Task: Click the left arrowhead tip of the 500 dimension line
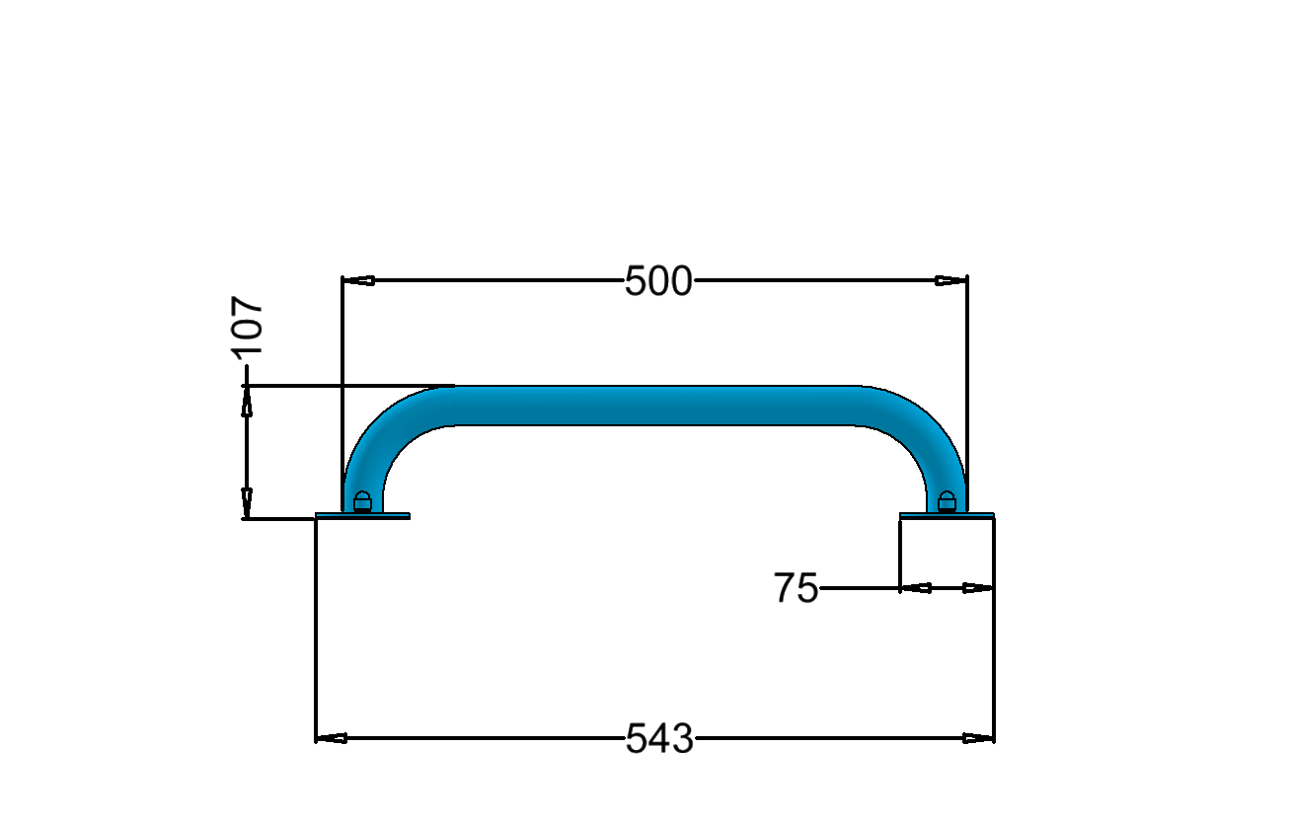(342, 281)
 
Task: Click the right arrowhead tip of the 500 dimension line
(967, 281)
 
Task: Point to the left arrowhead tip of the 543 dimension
(316, 738)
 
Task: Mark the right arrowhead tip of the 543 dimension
(994, 738)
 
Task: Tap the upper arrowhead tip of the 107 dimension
(247, 386)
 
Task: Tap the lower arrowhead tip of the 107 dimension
(247, 518)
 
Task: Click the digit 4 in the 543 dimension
(659, 738)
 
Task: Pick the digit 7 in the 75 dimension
(785, 588)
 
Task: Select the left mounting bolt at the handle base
(362, 501)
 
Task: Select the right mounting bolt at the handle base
(947, 501)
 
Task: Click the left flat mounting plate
(363, 516)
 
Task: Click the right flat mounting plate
(947, 516)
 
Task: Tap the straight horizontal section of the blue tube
(655, 406)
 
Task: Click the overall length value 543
(659, 738)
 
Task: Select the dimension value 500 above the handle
(658, 281)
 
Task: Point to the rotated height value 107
(247, 327)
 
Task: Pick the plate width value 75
(796, 588)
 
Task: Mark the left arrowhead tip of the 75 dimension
(901, 588)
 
